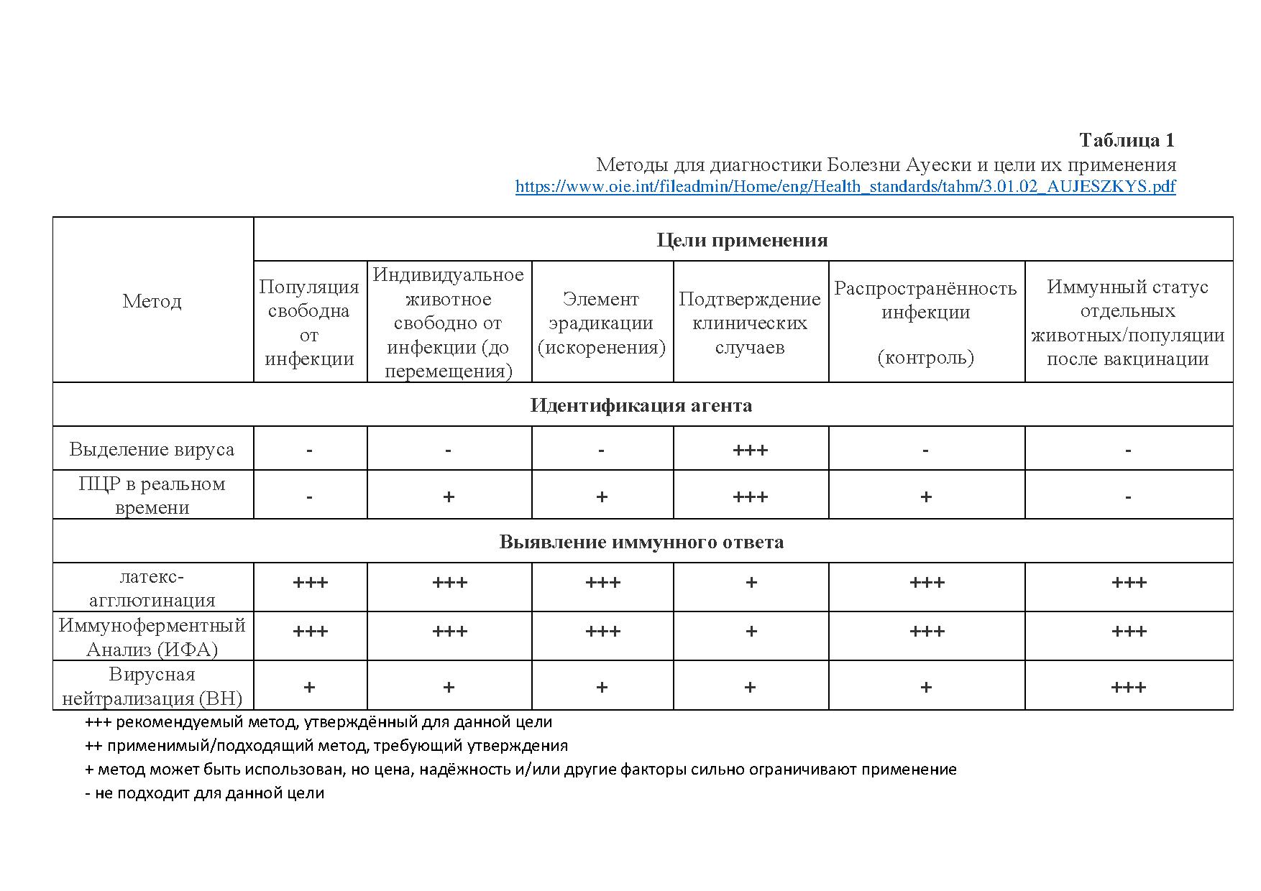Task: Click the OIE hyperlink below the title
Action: coord(845,187)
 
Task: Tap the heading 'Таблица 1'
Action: coord(1127,140)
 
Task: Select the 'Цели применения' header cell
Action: coord(742,240)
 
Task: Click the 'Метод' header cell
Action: coord(152,301)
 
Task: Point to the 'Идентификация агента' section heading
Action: coord(641,405)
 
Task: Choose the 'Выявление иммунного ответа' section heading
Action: coord(641,542)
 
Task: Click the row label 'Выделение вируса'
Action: coord(152,450)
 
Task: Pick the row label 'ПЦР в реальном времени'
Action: coord(152,495)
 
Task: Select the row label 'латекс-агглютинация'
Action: coord(152,588)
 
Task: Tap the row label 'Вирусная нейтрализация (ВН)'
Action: coord(152,686)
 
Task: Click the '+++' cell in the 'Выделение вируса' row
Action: coord(750,451)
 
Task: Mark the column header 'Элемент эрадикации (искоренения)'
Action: coord(602,323)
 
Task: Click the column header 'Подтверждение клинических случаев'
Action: coord(750,323)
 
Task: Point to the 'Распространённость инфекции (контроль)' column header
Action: coord(925,323)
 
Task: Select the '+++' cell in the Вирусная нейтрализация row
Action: coord(1128,688)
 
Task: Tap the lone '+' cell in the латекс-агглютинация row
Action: coord(751,583)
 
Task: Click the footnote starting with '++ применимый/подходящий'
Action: coord(326,746)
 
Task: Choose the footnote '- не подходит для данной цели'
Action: coord(205,793)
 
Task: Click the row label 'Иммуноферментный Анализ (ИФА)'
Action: coord(152,637)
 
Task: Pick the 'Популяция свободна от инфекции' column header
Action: coord(309,323)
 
